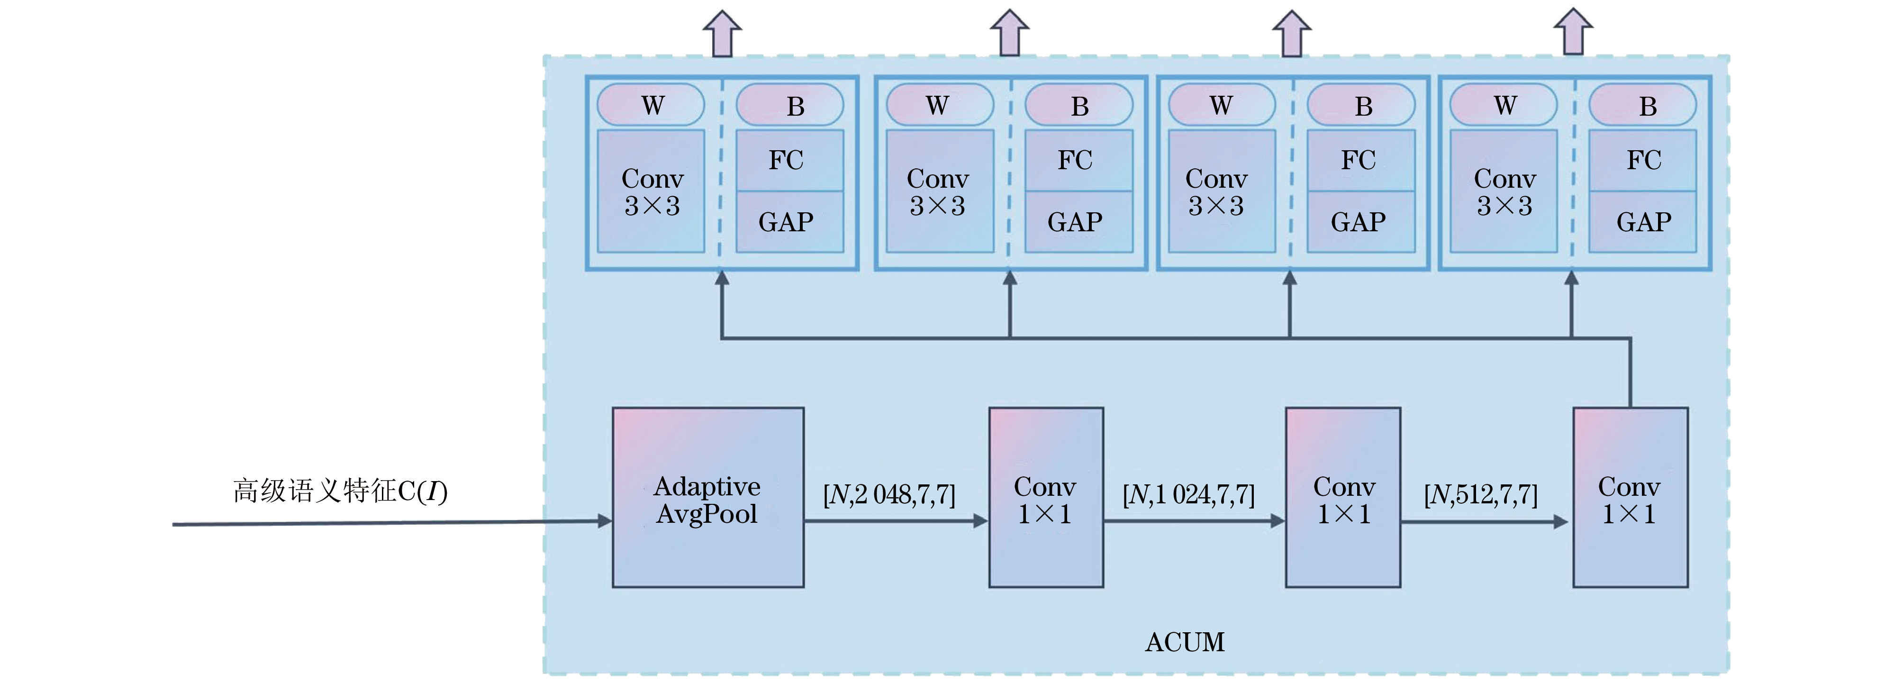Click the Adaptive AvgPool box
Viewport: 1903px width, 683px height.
click(708, 498)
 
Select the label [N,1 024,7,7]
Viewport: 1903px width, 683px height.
click(1188, 494)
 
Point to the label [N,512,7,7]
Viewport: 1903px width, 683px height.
click(1480, 494)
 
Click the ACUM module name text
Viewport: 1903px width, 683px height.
click(1184, 642)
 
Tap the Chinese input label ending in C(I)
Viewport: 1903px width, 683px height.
click(340, 492)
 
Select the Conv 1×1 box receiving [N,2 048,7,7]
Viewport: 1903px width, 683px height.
click(1046, 498)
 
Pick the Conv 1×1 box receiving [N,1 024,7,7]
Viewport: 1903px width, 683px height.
click(1343, 498)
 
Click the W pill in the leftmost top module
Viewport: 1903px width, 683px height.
click(651, 105)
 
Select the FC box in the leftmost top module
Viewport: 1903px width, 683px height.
click(789, 160)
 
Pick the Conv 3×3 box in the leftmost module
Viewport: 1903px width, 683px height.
click(651, 191)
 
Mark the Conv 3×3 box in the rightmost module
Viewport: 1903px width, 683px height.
click(1504, 191)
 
